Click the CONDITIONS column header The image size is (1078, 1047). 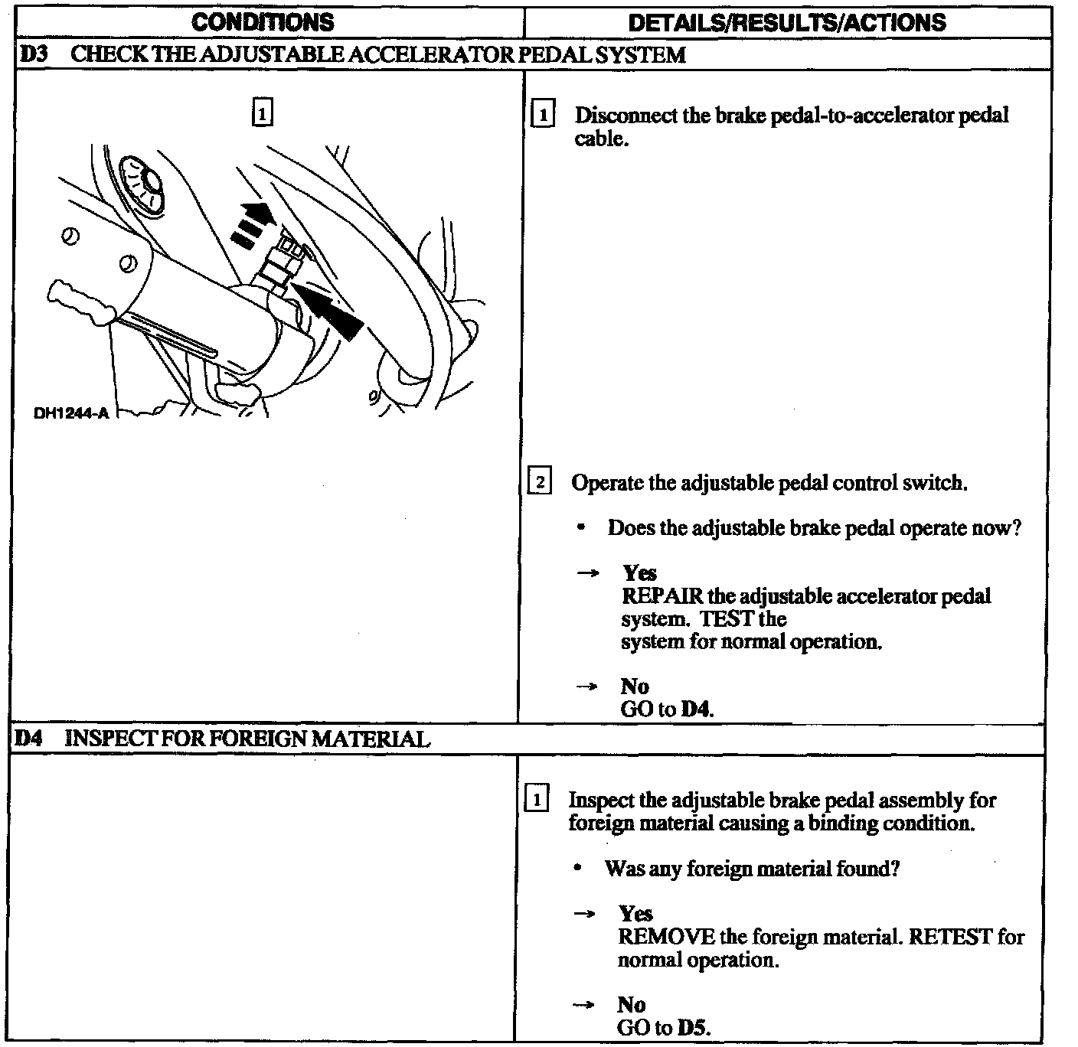pos(263,22)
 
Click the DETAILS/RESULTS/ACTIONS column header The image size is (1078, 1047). pos(786,22)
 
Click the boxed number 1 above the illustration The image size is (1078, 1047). pos(262,114)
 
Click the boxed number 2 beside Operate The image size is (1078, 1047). pos(540,482)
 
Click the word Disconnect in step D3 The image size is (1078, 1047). pos(616,116)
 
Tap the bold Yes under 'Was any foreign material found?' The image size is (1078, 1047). pos(635,914)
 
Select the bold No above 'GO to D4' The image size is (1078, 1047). pos(635,686)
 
